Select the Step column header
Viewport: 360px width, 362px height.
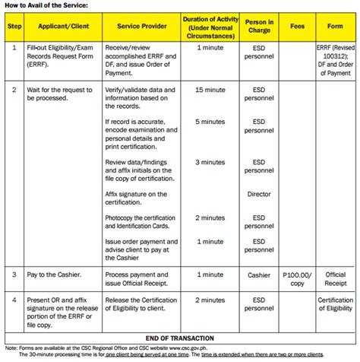14,26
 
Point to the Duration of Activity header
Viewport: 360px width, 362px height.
210,25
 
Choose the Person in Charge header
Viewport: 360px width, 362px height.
259,26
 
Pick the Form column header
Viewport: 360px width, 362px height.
335,26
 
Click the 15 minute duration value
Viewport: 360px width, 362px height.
210,90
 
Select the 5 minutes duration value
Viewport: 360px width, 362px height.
210,122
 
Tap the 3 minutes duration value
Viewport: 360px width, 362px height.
210,162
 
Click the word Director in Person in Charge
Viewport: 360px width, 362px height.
259,194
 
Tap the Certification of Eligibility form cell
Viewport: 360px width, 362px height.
335,304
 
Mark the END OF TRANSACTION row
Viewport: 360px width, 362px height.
179,338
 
